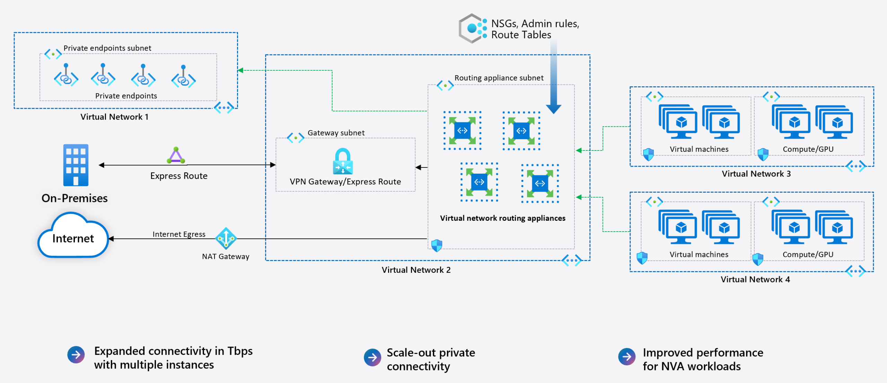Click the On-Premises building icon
click(x=76, y=165)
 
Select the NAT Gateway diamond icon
click(x=226, y=238)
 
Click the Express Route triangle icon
click(x=176, y=156)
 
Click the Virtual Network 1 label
click(x=114, y=117)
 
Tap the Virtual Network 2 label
click(x=416, y=270)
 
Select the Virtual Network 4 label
click(x=755, y=279)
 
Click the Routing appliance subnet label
click(x=499, y=78)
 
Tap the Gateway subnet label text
click(x=336, y=133)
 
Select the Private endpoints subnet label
click(x=107, y=48)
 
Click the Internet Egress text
click(x=179, y=234)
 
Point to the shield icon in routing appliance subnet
click(x=437, y=245)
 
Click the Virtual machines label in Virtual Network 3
click(x=699, y=149)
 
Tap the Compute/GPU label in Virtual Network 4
click(x=808, y=254)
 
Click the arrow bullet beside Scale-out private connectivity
click(x=372, y=357)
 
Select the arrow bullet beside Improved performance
click(x=627, y=357)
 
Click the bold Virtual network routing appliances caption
click(x=502, y=218)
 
